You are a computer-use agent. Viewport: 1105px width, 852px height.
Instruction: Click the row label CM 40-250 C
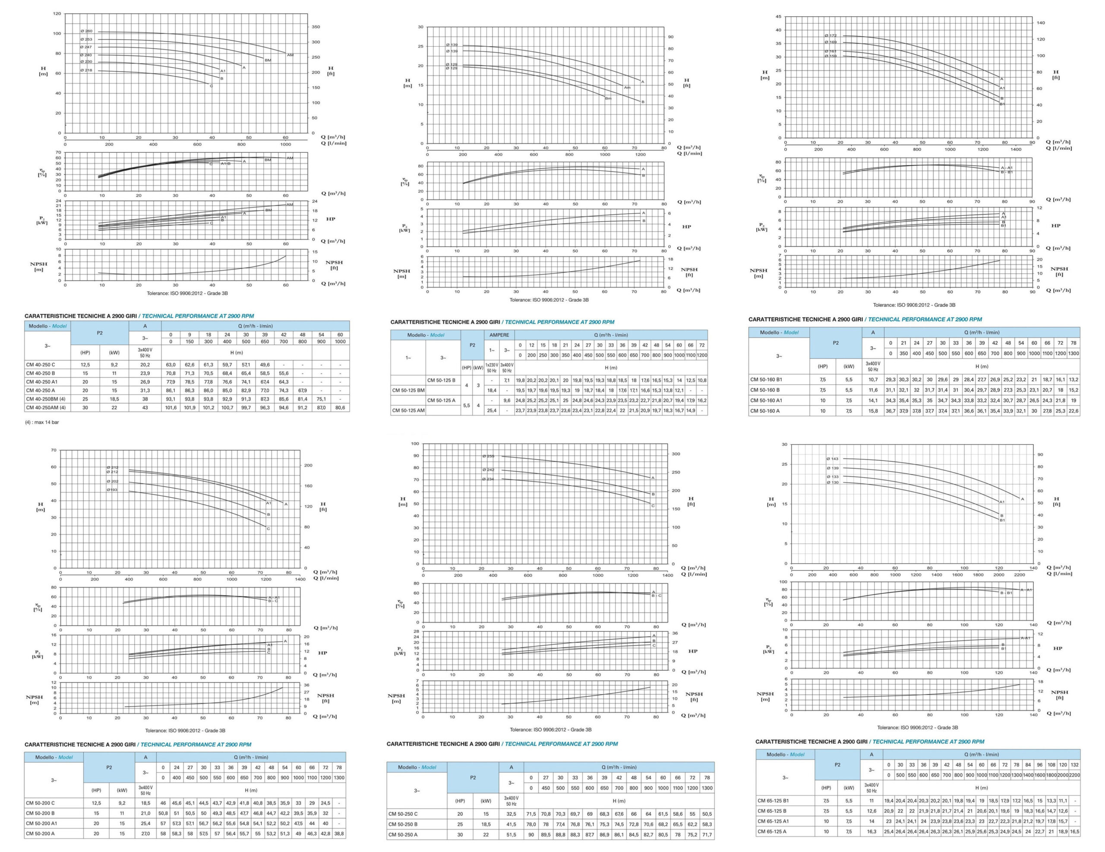[41, 365]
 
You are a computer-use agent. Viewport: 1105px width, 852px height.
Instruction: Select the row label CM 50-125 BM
[408, 390]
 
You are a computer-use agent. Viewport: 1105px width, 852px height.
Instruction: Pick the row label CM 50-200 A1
[41, 823]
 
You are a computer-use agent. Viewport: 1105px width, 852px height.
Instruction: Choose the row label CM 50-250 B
[403, 824]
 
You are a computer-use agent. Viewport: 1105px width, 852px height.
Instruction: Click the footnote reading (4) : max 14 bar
[42, 422]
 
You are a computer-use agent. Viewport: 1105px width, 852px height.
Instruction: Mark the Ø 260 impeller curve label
[86, 32]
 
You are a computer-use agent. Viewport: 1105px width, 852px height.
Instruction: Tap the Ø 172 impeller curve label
[830, 35]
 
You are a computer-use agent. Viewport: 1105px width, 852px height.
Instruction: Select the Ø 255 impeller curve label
[488, 456]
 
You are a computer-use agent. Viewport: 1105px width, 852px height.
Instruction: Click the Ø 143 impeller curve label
[832, 459]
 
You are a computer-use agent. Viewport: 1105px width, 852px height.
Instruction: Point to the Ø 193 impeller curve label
[112, 490]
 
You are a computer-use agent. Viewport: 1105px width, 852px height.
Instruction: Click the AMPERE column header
[499, 335]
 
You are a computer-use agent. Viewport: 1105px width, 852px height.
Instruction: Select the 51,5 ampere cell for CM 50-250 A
[511, 835]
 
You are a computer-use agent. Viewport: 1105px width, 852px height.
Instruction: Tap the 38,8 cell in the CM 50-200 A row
[339, 833]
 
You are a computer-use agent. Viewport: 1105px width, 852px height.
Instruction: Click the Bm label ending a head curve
[608, 98]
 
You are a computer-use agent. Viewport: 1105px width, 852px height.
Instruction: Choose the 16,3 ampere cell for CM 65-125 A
[871, 831]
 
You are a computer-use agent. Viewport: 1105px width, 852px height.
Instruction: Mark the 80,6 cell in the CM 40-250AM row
[340, 407]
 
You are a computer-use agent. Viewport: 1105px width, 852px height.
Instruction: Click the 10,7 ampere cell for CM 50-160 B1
[873, 379]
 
